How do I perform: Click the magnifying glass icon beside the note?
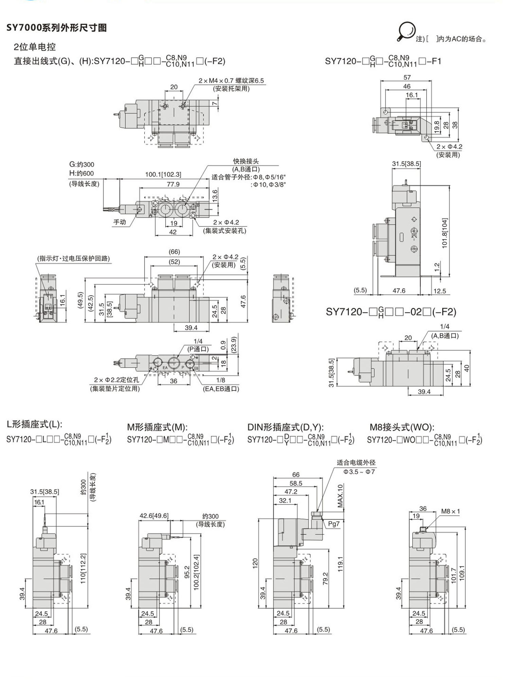pos(406,31)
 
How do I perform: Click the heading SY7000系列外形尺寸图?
pos(57,28)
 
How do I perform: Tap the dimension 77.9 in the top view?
pos(173,184)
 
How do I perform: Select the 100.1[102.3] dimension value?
pos(163,174)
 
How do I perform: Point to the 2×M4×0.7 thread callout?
pos(231,80)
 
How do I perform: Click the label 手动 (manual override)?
pos(119,222)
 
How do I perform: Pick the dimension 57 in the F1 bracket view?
pos(407,77)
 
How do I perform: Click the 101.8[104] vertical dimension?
pos(445,233)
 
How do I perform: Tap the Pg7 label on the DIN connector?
pos(334,523)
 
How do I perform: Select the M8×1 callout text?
pos(450,511)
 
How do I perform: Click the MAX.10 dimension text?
pos(340,496)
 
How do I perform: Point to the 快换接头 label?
pos(246,161)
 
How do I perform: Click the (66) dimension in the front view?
pos(174,252)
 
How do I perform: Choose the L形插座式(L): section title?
pos(35,424)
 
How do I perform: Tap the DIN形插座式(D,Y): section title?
pos(285,427)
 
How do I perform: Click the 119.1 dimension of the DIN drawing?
pos(340,564)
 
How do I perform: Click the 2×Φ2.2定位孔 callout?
pos(116,380)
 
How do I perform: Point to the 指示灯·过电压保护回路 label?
pos(73,258)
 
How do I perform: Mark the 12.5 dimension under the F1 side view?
pos(439,291)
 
